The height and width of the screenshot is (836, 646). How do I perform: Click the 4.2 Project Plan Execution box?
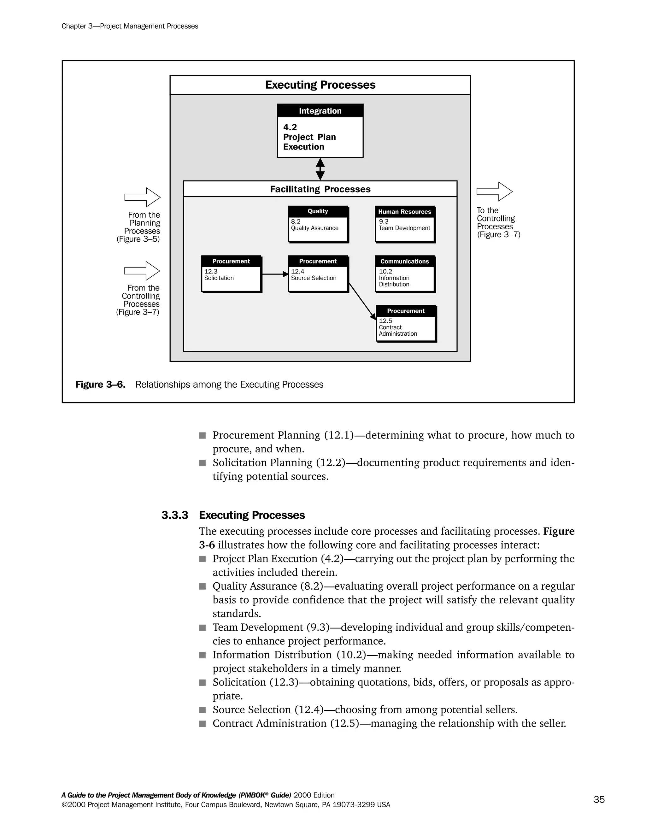point(320,137)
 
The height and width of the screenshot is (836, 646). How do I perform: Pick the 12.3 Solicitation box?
point(231,279)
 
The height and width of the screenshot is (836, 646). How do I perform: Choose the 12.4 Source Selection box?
point(318,279)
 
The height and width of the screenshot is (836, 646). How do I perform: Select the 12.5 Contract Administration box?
point(406,328)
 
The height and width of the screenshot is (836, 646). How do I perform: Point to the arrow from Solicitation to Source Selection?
point(274,274)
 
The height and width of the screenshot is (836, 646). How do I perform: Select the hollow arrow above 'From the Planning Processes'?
point(142,197)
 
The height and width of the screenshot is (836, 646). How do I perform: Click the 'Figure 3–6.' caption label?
point(100,384)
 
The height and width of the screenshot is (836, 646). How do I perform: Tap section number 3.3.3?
point(174,515)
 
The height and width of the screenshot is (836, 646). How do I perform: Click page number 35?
point(599,799)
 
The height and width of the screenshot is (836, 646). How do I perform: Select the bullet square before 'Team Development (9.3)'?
point(203,628)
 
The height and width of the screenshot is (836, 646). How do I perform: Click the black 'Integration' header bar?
point(320,111)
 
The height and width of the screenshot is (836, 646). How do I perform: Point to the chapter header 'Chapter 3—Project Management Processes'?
point(130,26)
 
